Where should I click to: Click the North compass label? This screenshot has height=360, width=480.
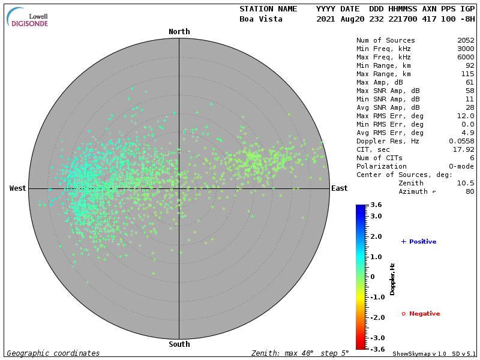[x=179, y=32]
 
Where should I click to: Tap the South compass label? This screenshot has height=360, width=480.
[x=179, y=344]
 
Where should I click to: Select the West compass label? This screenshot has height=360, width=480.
[x=18, y=188]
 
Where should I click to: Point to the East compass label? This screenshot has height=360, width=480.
[x=339, y=188]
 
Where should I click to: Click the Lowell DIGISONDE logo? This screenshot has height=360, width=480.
[x=28, y=18]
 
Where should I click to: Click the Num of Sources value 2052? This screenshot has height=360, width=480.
[x=466, y=41]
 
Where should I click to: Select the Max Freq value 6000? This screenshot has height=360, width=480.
[x=466, y=58]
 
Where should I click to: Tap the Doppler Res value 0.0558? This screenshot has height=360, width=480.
[x=461, y=141]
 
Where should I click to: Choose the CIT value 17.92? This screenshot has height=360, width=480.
[x=464, y=149]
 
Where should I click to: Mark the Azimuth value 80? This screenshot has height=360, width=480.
[x=470, y=191]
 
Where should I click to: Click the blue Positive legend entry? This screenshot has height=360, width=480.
[x=419, y=242]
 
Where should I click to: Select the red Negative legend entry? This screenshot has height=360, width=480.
[x=421, y=314]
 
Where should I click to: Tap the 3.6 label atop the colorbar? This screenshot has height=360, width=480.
[x=376, y=205]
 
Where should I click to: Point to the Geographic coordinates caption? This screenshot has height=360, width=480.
[x=53, y=353]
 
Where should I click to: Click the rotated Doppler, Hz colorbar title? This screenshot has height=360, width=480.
[x=392, y=279]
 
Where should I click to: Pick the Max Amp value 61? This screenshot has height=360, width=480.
[x=470, y=82]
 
